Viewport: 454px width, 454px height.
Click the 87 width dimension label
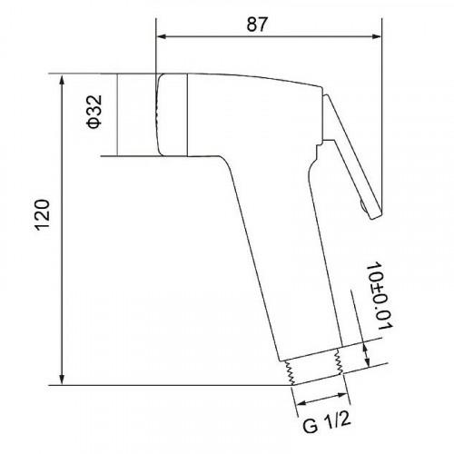click(x=257, y=25)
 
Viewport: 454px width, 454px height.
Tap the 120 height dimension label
click(x=43, y=215)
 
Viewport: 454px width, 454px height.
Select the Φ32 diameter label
click(x=94, y=112)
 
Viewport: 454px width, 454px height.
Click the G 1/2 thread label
click(x=327, y=422)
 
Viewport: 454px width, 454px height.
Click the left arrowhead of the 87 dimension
click(x=163, y=36)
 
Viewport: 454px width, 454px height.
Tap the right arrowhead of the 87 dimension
click(x=376, y=36)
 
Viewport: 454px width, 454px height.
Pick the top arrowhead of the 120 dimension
click(x=62, y=80)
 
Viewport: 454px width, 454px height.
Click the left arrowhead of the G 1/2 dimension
click(x=301, y=403)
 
